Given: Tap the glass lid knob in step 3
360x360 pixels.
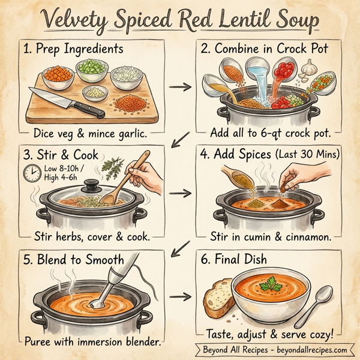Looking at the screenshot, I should point(91,184).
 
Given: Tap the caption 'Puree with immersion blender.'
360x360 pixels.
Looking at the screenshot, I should point(92,342).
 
